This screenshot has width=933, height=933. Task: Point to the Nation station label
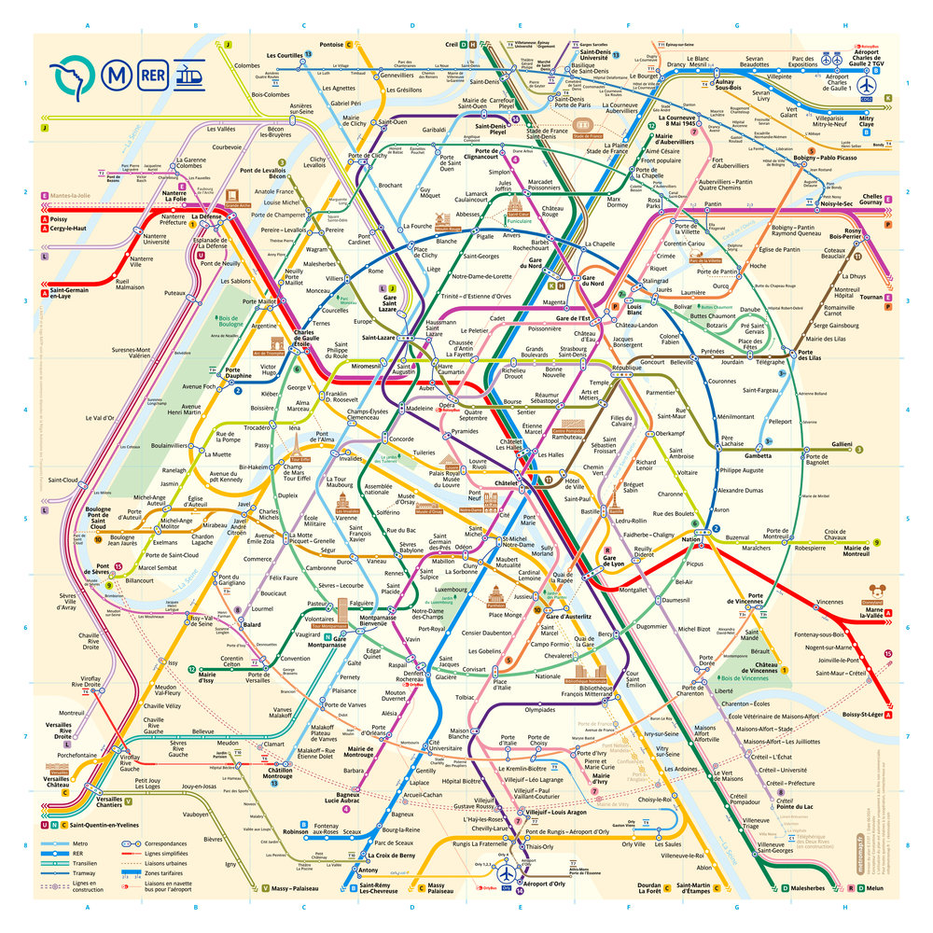pyautogui.click(x=690, y=540)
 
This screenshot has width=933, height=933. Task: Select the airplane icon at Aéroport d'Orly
pyautogui.click(x=505, y=875)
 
